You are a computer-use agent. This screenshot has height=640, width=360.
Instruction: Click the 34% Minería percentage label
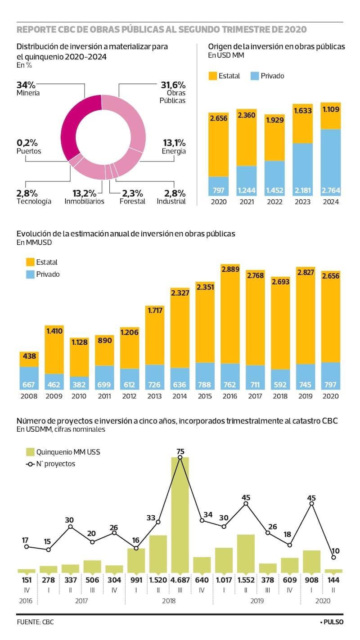(26, 85)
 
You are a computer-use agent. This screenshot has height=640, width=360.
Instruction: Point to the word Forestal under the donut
(132, 201)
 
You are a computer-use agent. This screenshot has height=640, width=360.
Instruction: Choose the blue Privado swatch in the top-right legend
(254, 76)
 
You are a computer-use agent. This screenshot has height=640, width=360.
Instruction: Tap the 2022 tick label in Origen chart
(274, 202)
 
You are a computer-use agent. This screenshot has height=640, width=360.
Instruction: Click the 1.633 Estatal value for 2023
(302, 110)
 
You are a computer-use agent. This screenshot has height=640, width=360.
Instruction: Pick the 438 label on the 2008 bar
(29, 356)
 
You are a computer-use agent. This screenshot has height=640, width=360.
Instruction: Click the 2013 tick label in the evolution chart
(154, 397)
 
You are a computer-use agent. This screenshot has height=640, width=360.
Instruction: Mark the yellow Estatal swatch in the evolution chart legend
(31, 262)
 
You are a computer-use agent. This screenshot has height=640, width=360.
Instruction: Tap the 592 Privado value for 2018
(280, 384)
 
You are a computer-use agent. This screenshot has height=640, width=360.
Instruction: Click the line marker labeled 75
(180, 457)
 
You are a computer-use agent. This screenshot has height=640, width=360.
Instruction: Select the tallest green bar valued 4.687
(180, 513)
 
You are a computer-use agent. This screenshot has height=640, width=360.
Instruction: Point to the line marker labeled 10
(333, 557)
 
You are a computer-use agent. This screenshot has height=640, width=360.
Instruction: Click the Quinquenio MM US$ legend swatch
(31, 452)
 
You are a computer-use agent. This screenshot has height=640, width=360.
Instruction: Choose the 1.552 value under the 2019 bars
(246, 580)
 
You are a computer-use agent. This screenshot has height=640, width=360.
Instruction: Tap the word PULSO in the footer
(333, 622)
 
